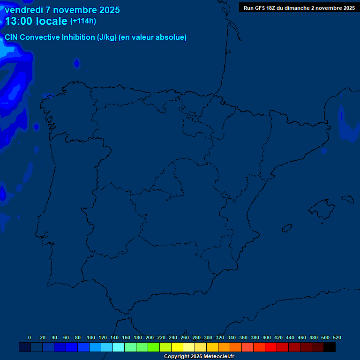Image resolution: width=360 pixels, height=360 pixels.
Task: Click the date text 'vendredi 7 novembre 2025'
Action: (x=62, y=10)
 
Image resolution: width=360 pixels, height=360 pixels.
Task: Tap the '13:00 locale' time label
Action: (x=37, y=21)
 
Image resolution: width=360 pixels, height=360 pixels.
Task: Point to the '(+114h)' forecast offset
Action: (x=83, y=21)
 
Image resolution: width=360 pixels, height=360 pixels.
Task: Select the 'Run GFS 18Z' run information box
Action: (x=299, y=8)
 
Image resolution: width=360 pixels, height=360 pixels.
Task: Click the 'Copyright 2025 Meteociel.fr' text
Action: (x=199, y=357)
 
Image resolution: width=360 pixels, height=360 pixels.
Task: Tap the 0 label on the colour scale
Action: (x=30, y=337)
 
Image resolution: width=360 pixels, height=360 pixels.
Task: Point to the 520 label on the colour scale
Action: (x=337, y=337)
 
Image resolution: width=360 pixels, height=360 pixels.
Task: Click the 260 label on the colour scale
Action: (x=185, y=337)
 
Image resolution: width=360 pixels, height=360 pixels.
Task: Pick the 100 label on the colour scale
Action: (x=91, y=337)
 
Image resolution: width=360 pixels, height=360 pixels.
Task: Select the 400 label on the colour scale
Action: (x=267, y=337)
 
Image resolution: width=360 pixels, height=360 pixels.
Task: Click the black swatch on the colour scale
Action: (x=330, y=347)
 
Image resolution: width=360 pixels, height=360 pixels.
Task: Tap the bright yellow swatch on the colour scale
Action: (x=177, y=347)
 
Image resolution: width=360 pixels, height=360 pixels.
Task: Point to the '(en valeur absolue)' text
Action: (x=153, y=37)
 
